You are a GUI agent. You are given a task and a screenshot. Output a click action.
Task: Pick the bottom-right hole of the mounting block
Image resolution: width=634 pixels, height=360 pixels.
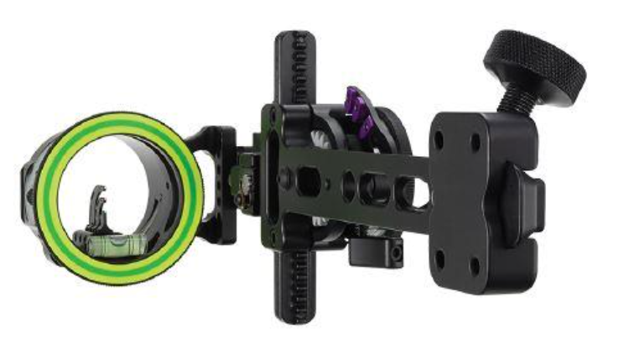(475, 266)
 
